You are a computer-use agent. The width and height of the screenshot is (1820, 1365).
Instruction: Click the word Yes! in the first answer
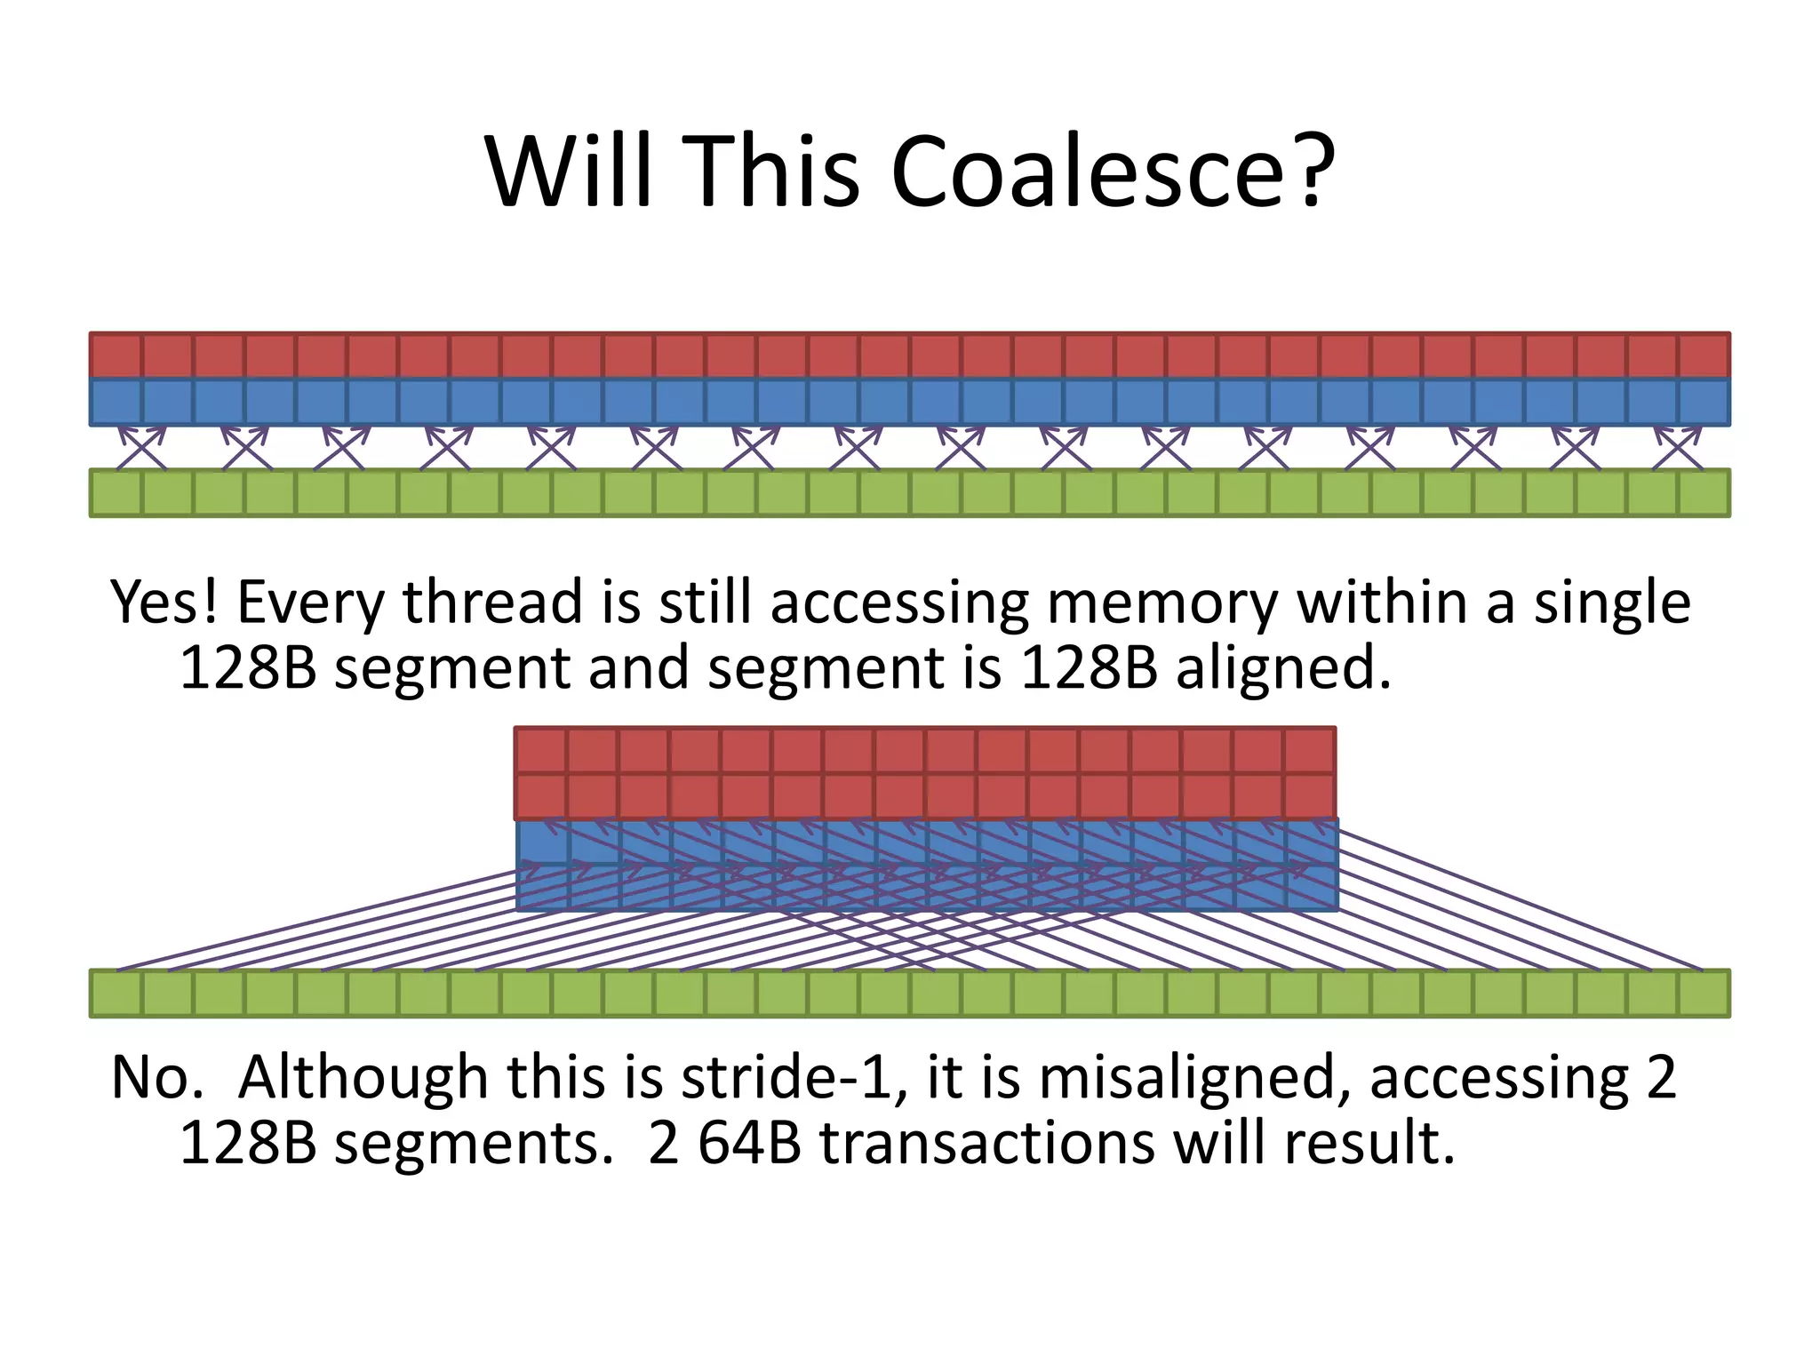164,603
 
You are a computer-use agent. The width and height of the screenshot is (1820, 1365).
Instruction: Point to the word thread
493,603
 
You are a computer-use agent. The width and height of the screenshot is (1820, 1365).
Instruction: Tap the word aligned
1283,668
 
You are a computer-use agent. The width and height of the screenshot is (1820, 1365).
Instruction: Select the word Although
363,1078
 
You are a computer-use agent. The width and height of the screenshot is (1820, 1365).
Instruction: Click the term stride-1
786,1078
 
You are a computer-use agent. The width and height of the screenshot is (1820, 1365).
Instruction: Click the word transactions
986,1143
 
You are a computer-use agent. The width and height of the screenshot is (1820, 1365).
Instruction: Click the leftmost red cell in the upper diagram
116,355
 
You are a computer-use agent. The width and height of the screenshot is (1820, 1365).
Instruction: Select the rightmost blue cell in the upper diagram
1704,403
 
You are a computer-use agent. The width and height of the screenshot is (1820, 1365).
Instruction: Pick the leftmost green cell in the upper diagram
116,493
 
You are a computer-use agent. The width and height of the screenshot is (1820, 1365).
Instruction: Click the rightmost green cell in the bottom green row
1704,994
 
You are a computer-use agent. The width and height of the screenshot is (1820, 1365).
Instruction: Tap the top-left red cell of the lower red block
540,750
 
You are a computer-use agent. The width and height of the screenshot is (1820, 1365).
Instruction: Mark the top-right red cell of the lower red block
1310,750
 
